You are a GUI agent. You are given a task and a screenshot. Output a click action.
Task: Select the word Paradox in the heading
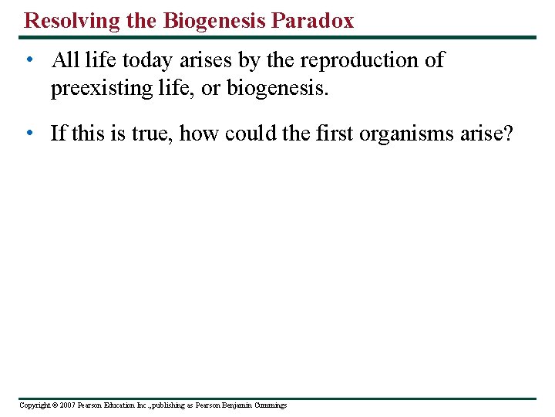tap(312, 20)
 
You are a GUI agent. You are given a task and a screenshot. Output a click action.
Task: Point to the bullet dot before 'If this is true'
tap(29, 134)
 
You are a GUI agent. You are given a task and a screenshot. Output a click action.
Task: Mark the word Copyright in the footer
tap(33, 405)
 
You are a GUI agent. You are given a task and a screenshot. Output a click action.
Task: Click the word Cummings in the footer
tap(269, 405)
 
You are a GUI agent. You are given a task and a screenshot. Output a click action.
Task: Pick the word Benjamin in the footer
tap(234, 405)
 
